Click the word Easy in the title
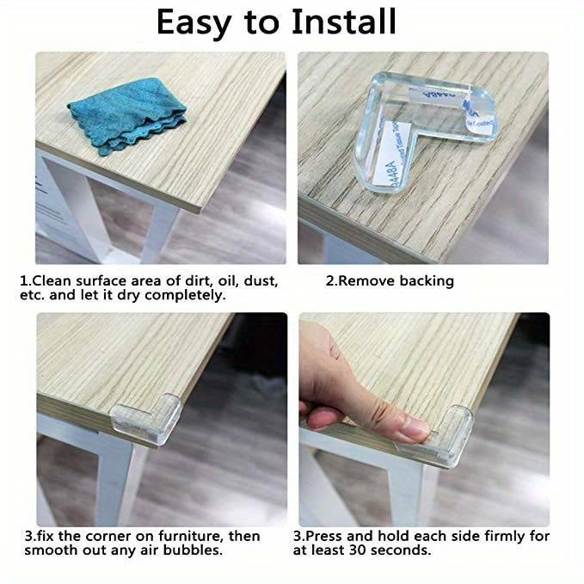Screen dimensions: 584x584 coord(202,22)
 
